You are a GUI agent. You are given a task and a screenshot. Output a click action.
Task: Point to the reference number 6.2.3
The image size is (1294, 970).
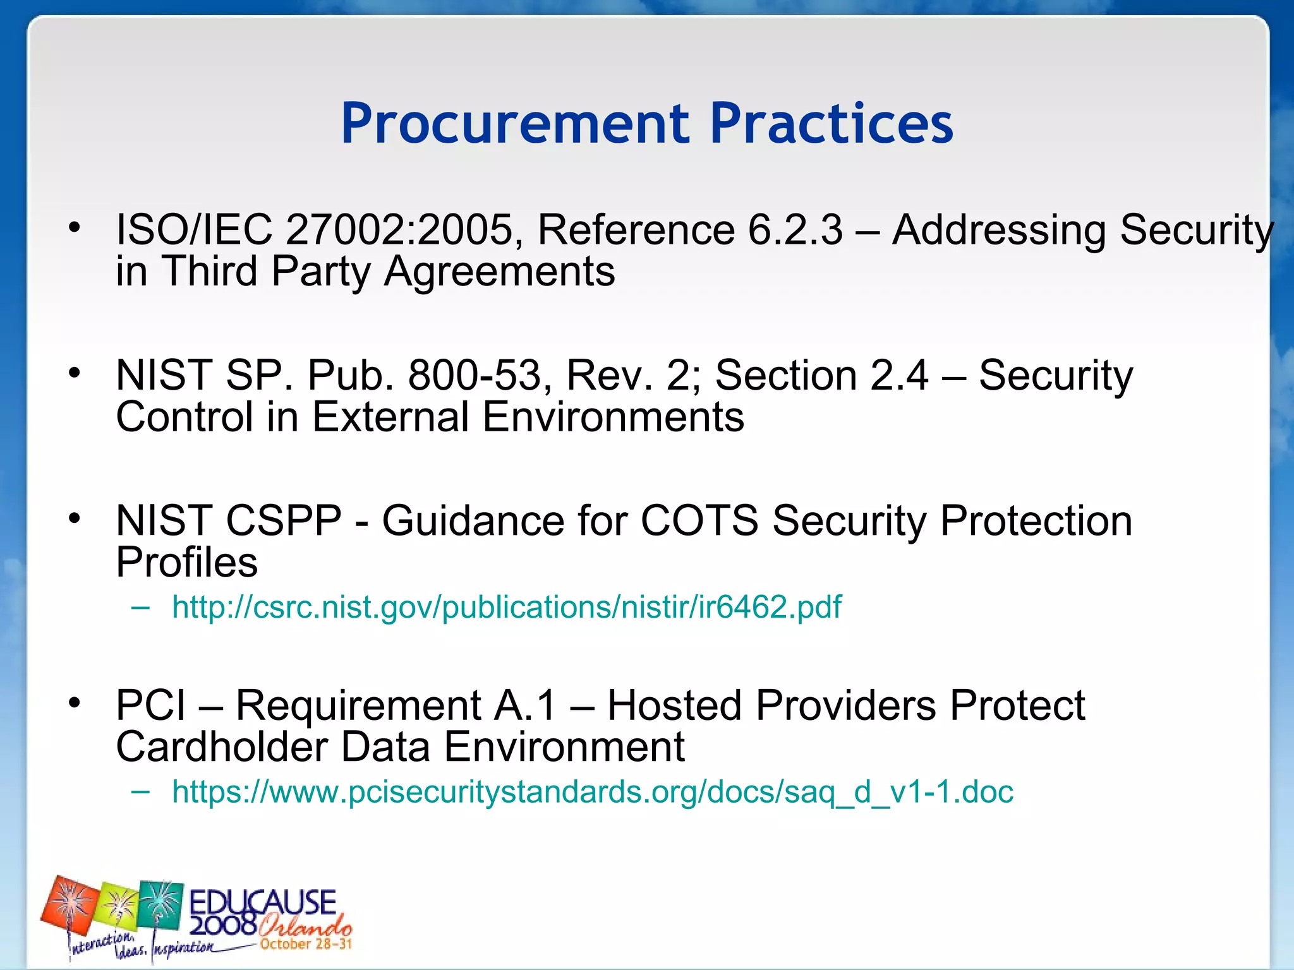795,229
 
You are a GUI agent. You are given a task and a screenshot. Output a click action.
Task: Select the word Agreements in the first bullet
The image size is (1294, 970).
499,272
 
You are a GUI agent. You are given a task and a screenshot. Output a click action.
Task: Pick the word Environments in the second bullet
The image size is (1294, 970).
613,417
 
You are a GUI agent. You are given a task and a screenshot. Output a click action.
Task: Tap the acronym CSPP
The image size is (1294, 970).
283,521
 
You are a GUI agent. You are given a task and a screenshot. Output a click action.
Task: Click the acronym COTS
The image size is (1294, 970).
699,521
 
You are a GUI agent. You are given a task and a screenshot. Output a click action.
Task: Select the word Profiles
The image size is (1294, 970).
187,563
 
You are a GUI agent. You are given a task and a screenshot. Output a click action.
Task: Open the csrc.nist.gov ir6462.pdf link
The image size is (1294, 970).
506,607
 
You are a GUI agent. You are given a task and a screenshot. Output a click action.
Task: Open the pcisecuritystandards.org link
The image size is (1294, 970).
592,792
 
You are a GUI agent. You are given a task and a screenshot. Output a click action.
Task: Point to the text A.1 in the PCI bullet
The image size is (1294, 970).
526,705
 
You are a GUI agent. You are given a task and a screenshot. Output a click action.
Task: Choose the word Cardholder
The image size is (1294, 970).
221,747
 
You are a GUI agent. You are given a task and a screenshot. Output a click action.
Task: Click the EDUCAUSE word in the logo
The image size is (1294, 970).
263,902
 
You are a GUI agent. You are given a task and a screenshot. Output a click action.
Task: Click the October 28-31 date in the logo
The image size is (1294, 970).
306,944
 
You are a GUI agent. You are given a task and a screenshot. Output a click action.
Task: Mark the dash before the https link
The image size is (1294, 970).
141,792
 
